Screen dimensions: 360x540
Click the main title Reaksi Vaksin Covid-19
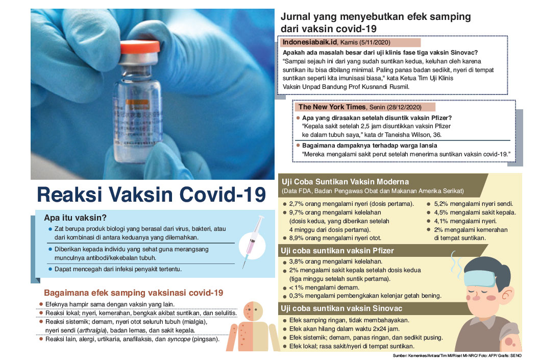pyautogui.click(x=152, y=195)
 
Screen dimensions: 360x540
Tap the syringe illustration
pyautogui.click(x=250, y=241)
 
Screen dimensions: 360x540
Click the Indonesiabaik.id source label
pyautogui.click(x=307, y=43)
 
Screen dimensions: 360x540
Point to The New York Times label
pyautogui.click(x=332, y=107)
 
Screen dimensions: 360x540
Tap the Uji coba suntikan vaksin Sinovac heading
pyautogui.click(x=341, y=308)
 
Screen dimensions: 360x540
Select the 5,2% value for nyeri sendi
pyautogui.click(x=441, y=203)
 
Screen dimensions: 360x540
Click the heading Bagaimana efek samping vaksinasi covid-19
pyautogui.click(x=133, y=293)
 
